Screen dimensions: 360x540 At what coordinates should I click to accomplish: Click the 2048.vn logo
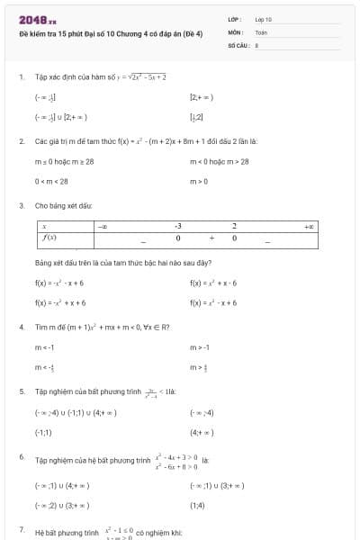(x=37, y=19)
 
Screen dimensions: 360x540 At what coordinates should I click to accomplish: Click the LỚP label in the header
(x=234, y=18)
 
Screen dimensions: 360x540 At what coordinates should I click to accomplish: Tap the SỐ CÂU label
(x=237, y=43)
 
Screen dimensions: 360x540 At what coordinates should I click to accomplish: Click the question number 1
(x=21, y=77)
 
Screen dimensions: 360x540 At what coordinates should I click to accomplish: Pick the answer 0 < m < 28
(x=51, y=181)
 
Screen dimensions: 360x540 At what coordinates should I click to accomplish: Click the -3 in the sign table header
(x=178, y=227)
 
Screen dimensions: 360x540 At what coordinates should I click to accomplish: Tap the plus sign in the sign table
(x=211, y=238)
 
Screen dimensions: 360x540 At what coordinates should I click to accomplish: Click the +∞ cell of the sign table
(x=310, y=227)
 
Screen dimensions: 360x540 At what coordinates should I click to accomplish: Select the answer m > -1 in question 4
(x=201, y=346)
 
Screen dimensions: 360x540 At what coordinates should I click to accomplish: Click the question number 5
(x=21, y=392)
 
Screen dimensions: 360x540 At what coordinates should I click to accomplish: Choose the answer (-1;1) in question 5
(x=43, y=432)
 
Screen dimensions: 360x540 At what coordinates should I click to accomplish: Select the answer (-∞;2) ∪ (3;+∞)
(x=61, y=506)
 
